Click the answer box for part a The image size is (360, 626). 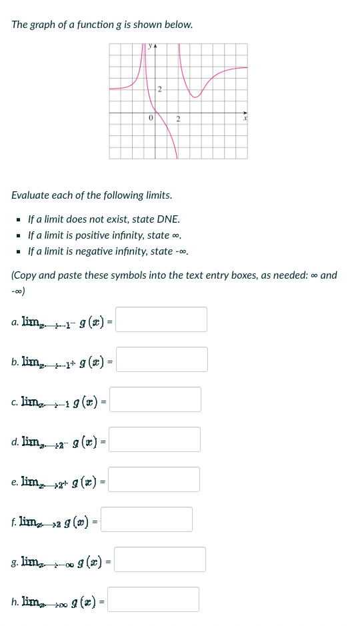(x=161, y=319)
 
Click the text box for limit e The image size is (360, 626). (x=154, y=479)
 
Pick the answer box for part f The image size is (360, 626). (x=147, y=519)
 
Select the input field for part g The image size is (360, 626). (x=160, y=559)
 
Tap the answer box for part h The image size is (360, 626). (x=153, y=599)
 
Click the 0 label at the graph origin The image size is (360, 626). (x=151, y=118)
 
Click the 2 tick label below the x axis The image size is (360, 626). (x=178, y=119)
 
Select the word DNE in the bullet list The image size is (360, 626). (x=167, y=219)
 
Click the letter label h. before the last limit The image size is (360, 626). (x=15, y=601)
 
